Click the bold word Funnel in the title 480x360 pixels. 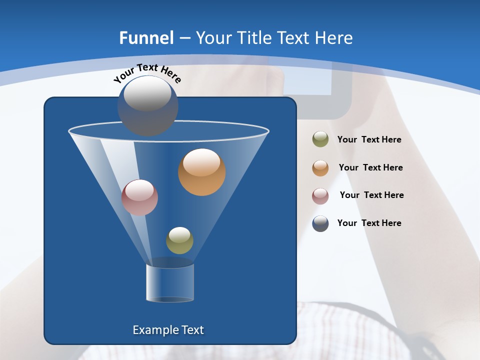[146, 38]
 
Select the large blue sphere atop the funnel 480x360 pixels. [148, 106]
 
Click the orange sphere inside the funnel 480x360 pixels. [202, 172]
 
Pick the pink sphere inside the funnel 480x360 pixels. [140, 197]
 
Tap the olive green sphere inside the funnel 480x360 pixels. [179, 240]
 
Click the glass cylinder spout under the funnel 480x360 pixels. [170, 283]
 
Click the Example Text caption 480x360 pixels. [168, 330]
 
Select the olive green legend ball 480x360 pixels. [320, 139]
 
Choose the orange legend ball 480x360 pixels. [320, 168]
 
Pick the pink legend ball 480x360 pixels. [320, 195]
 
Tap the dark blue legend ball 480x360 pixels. [320, 223]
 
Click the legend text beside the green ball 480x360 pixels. [369, 140]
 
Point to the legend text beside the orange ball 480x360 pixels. [370, 168]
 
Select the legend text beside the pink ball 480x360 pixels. [371, 195]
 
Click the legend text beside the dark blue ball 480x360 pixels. [369, 223]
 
